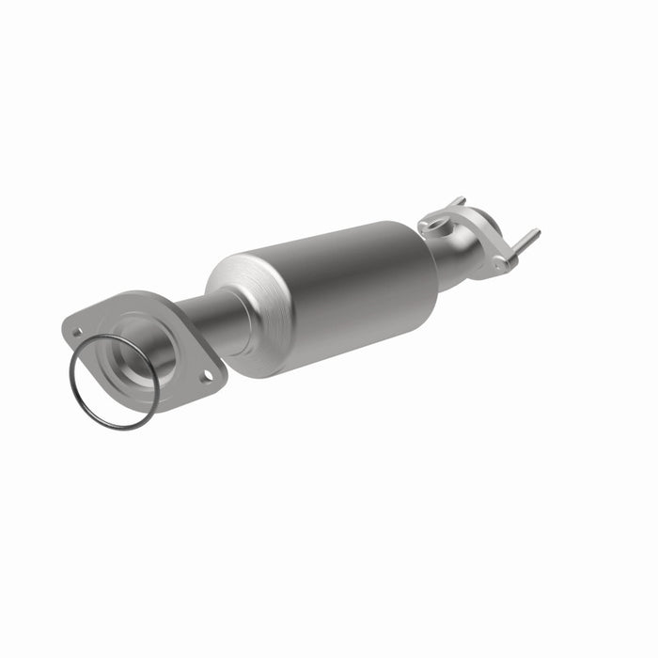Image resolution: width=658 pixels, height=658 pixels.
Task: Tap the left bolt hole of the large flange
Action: [x=78, y=332]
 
